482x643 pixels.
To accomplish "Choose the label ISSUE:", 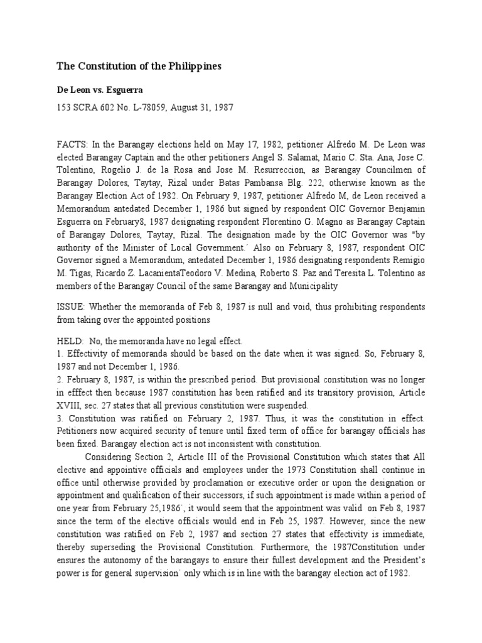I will (71, 306).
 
